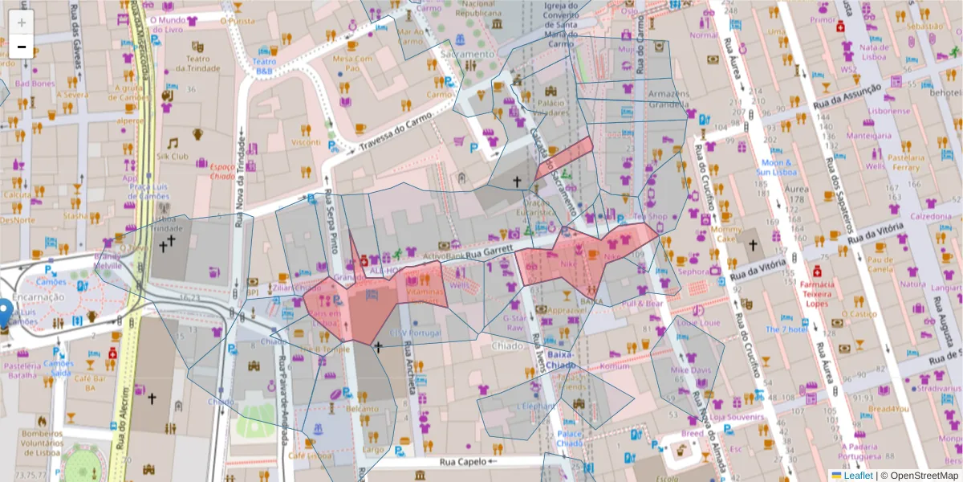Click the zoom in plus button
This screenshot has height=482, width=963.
coord(22,22)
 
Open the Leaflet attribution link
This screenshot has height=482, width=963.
coord(858,476)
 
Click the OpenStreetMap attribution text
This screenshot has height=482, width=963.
coord(924,476)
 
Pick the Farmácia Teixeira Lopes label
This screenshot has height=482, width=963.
coord(817,294)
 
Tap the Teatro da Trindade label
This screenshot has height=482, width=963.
coord(197,63)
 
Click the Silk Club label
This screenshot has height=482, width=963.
coord(173,156)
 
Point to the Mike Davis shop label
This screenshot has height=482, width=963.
coord(691,370)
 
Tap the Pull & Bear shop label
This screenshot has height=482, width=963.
coord(642,304)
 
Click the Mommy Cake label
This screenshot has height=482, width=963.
coord(727,234)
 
